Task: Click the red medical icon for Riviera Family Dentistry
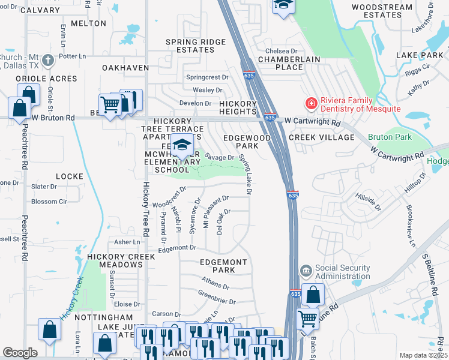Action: [x=312, y=104]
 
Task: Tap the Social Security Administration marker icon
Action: [x=306, y=271]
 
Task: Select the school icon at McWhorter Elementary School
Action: [x=182, y=145]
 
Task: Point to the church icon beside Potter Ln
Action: [x=48, y=61]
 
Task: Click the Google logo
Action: [x=20, y=353]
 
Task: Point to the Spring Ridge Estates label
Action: [x=196, y=46]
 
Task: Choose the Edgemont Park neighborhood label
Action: [x=223, y=266]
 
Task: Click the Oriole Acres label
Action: [x=46, y=79]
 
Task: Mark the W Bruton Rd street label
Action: [x=53, y=118]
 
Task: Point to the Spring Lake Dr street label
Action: [x=246, y=174]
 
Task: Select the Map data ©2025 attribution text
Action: [x=423, y=355]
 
